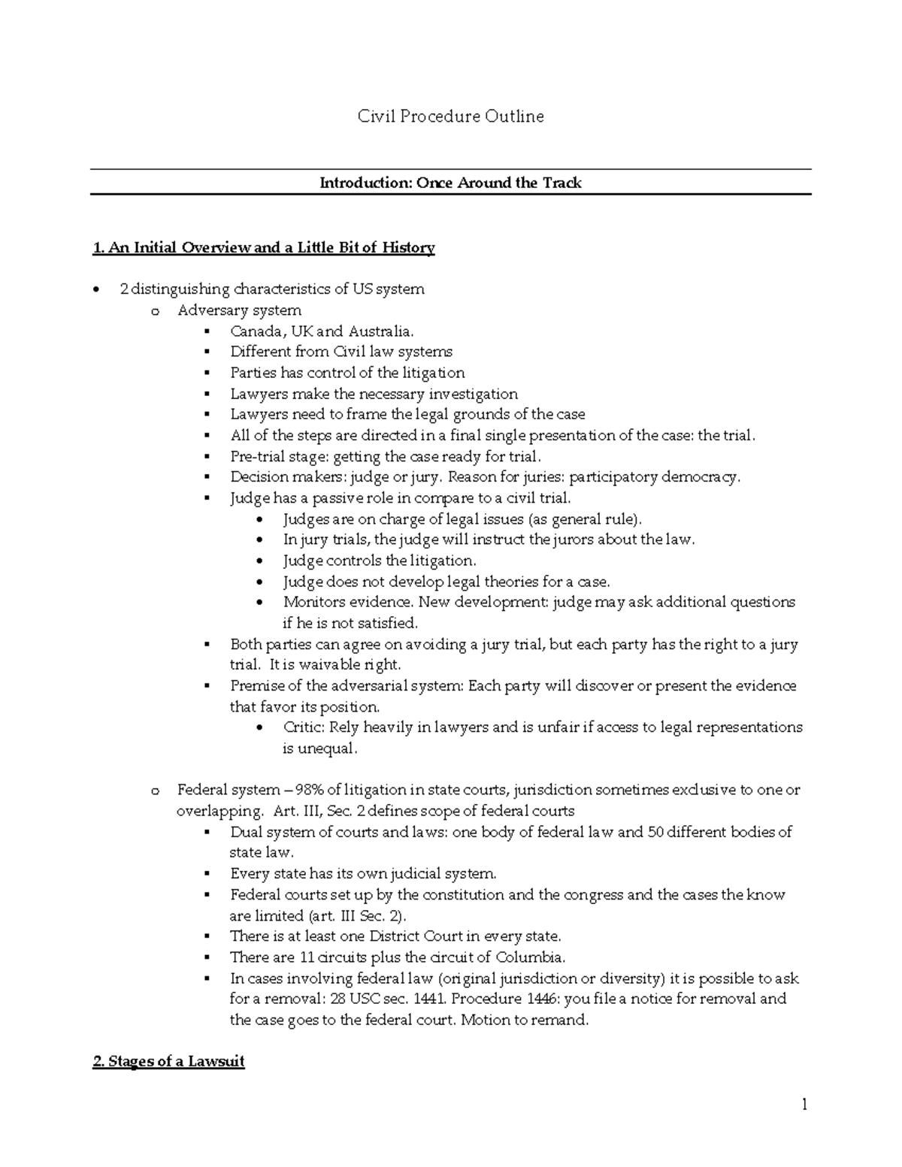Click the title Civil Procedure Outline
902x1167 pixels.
[450, 116]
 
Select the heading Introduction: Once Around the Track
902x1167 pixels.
[450, 183]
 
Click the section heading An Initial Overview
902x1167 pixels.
[263, 248]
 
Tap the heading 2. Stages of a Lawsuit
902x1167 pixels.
[168, 1062]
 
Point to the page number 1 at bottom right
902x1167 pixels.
[804, 1104]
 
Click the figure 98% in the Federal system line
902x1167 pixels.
[310, 790]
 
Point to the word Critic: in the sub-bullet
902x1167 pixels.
[304, 727]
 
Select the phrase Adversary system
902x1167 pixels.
[239, 310]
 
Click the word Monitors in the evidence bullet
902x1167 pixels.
[311, 602]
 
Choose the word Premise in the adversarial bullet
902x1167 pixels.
[256, 686]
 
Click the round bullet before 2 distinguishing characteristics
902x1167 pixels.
[95, 290]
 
